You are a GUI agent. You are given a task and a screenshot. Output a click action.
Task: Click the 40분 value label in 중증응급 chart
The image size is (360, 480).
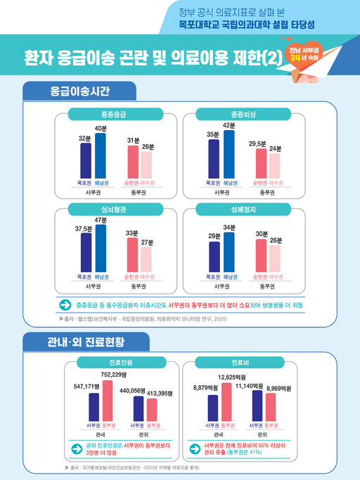tap(101, 128)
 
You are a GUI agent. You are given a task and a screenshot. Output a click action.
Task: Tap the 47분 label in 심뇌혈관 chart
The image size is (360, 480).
tap(101, 220)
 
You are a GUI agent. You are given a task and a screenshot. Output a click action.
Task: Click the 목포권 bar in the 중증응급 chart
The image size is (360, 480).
tap(86, 160)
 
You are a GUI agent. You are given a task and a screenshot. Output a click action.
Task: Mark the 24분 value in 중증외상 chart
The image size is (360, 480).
tap(275, 148)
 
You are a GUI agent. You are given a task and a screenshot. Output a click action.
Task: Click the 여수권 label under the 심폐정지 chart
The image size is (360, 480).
tap(275, 278)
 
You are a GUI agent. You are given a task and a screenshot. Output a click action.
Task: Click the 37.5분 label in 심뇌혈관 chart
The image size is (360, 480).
tap(84, 228)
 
